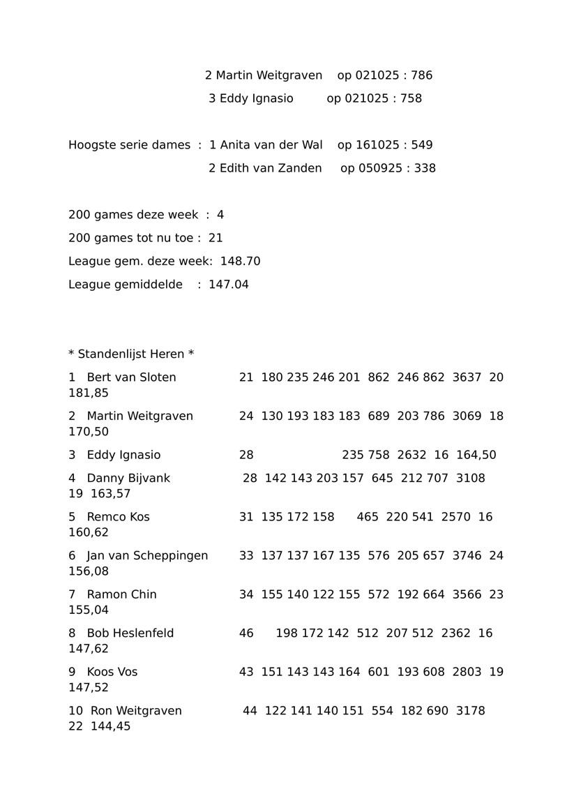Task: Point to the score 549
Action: coord(422,145)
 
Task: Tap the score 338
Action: coord(425,168)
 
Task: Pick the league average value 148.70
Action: coord(240,262)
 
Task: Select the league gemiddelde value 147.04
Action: coord(229,285)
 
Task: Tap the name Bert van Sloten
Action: coord(131,377)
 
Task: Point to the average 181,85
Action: coord(89,393)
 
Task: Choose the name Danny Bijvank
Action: coord(128,479)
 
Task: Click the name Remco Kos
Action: coord(118,517)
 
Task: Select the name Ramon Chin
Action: coord(121,594)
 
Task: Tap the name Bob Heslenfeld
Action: coord(130,633)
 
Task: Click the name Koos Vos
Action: coord(112,672)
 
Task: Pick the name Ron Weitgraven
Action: coord(136,711)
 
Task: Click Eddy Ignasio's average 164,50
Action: coord(476,456)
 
